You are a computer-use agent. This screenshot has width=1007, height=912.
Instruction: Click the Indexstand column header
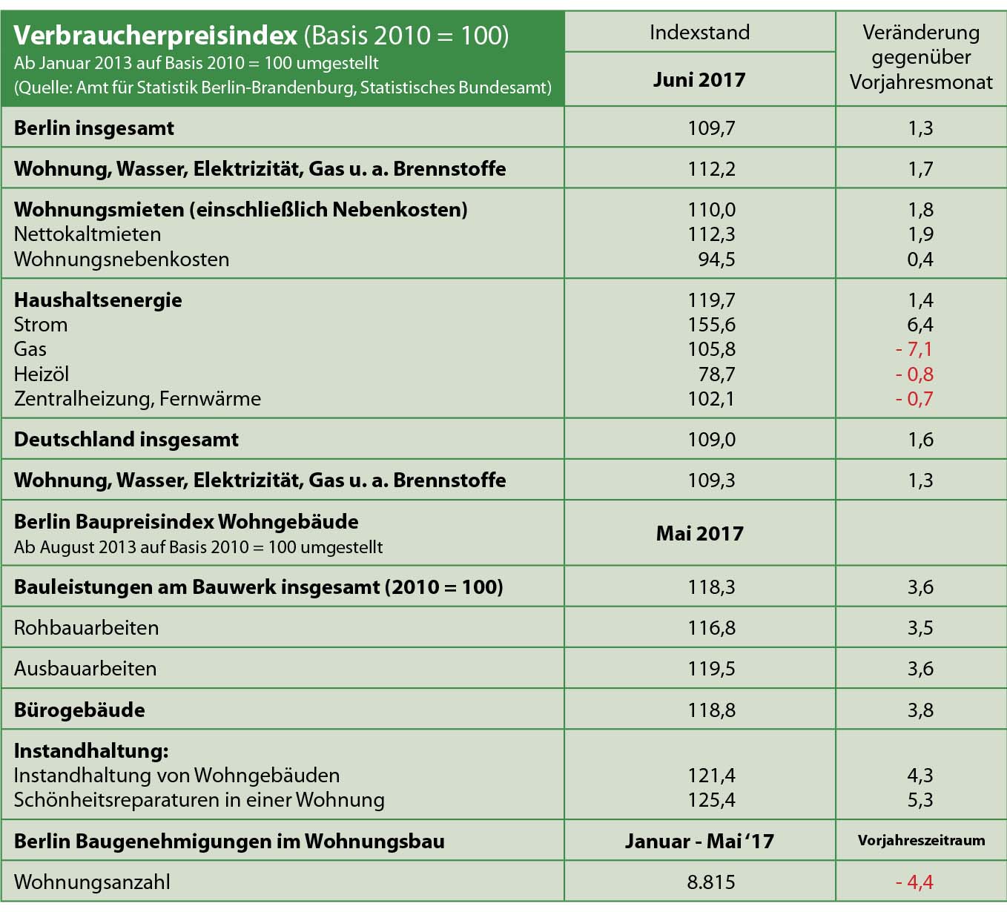coord(699,33)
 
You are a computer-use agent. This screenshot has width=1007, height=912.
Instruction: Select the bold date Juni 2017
coord(699,80)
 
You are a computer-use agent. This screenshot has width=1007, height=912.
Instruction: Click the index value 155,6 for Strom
coord(711,325)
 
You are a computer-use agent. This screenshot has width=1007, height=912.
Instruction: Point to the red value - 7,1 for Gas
coord(914,349)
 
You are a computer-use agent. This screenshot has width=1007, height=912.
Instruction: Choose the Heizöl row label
coord(42,374)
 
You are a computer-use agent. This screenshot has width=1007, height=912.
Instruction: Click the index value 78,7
coord(716,374)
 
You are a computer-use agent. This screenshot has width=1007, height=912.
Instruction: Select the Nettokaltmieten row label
coord(88,234)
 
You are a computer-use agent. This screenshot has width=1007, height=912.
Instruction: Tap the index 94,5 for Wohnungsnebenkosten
coord(716,260)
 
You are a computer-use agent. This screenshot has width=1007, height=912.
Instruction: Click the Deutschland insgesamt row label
coord(126,440)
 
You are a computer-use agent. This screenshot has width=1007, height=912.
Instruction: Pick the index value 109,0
coord(711,440)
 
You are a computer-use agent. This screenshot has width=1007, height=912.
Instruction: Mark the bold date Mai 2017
coord(699,534)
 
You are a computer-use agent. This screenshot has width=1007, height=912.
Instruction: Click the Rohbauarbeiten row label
coord(86,628)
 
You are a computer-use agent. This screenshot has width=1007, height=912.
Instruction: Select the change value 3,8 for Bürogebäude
coord(920,710)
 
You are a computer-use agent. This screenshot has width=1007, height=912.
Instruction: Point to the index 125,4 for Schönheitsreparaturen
coord(711,800)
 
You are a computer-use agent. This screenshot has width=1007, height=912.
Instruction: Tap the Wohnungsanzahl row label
coord(92,882)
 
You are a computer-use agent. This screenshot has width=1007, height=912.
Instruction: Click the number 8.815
coord(711,882)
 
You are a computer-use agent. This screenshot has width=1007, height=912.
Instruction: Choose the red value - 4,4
coord(914,882)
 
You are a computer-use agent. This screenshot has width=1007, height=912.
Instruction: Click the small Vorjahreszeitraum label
coord(921,841)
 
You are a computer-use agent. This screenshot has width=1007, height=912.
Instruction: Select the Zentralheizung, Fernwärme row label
coord(137,399)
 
